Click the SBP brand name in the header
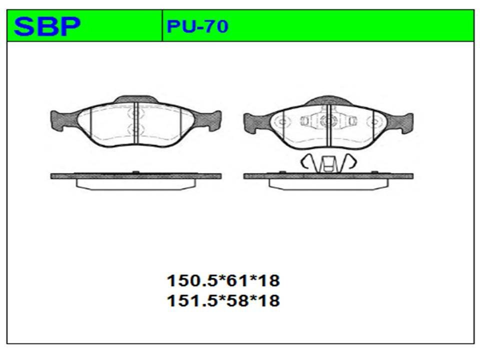[47, 26]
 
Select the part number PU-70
[197, 26]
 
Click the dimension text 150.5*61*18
[223, 280]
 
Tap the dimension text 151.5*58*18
[223, 300]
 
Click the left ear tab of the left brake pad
[62, 120]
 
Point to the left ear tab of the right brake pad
[255, 121]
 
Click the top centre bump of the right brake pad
[328, 100]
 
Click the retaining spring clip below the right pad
[327, 163]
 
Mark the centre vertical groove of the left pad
[135, 125]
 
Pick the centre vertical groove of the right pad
[327, 125]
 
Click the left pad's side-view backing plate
[136, 176]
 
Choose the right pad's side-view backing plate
[328, 176]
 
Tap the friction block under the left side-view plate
[136, 184]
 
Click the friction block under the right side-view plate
[328, 184]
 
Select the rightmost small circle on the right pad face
[372, 121]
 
